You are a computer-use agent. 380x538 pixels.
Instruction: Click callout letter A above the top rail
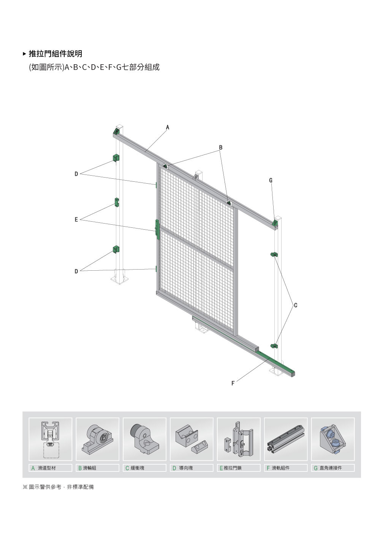click(x=168, y=127)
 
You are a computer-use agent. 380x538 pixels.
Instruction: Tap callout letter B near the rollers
click(x=221, y=148)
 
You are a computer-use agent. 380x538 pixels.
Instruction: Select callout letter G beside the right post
click(x=271, y=180)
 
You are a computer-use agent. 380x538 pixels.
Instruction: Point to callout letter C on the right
click(x=296, y=305)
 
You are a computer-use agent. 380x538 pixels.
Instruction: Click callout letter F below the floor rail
click(x=233, y=384)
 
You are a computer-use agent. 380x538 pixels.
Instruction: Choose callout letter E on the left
click(x=76, y=219)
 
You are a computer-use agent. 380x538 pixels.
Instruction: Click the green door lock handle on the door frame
click(x=157, y=229)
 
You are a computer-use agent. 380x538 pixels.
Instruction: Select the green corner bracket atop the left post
click(x=116, y=132)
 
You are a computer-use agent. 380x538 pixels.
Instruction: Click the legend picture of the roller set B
click(x=97, y=439)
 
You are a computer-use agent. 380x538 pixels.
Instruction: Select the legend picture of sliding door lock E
click(x=239, y=439)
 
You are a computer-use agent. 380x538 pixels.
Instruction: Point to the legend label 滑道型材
click(x=47, y=468)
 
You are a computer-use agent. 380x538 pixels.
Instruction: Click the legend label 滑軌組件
click(x=280, y=468)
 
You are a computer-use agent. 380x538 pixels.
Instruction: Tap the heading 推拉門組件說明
click(x=55, y=54)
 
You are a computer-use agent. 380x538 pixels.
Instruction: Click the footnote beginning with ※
click(x=58, y=487)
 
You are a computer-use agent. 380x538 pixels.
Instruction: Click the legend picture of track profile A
click(x=51, y=439)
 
